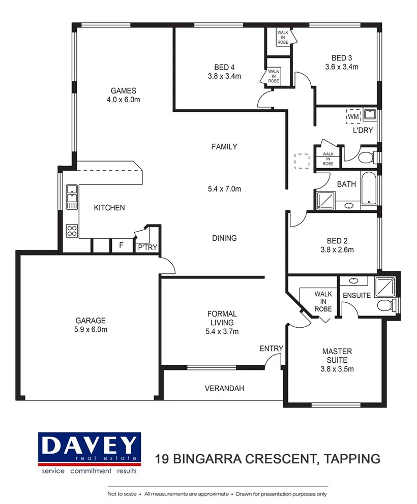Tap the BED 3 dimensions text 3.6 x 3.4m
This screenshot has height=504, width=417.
[342, 67]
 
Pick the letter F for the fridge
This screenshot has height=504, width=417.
[121, 245]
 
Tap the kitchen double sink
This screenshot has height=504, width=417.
[72, 196]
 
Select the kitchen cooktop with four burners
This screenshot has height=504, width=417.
[72, 231]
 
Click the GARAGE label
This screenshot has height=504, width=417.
[91, 321]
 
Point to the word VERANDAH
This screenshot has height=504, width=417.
[224, 389]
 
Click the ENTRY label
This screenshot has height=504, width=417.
[271, 348]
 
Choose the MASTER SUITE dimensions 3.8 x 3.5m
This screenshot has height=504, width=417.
[337, 369]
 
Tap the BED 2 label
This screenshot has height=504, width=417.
[337, 241]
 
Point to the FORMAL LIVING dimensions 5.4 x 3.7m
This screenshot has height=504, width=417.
[222, 332]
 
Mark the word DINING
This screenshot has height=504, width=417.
[224, 238]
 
